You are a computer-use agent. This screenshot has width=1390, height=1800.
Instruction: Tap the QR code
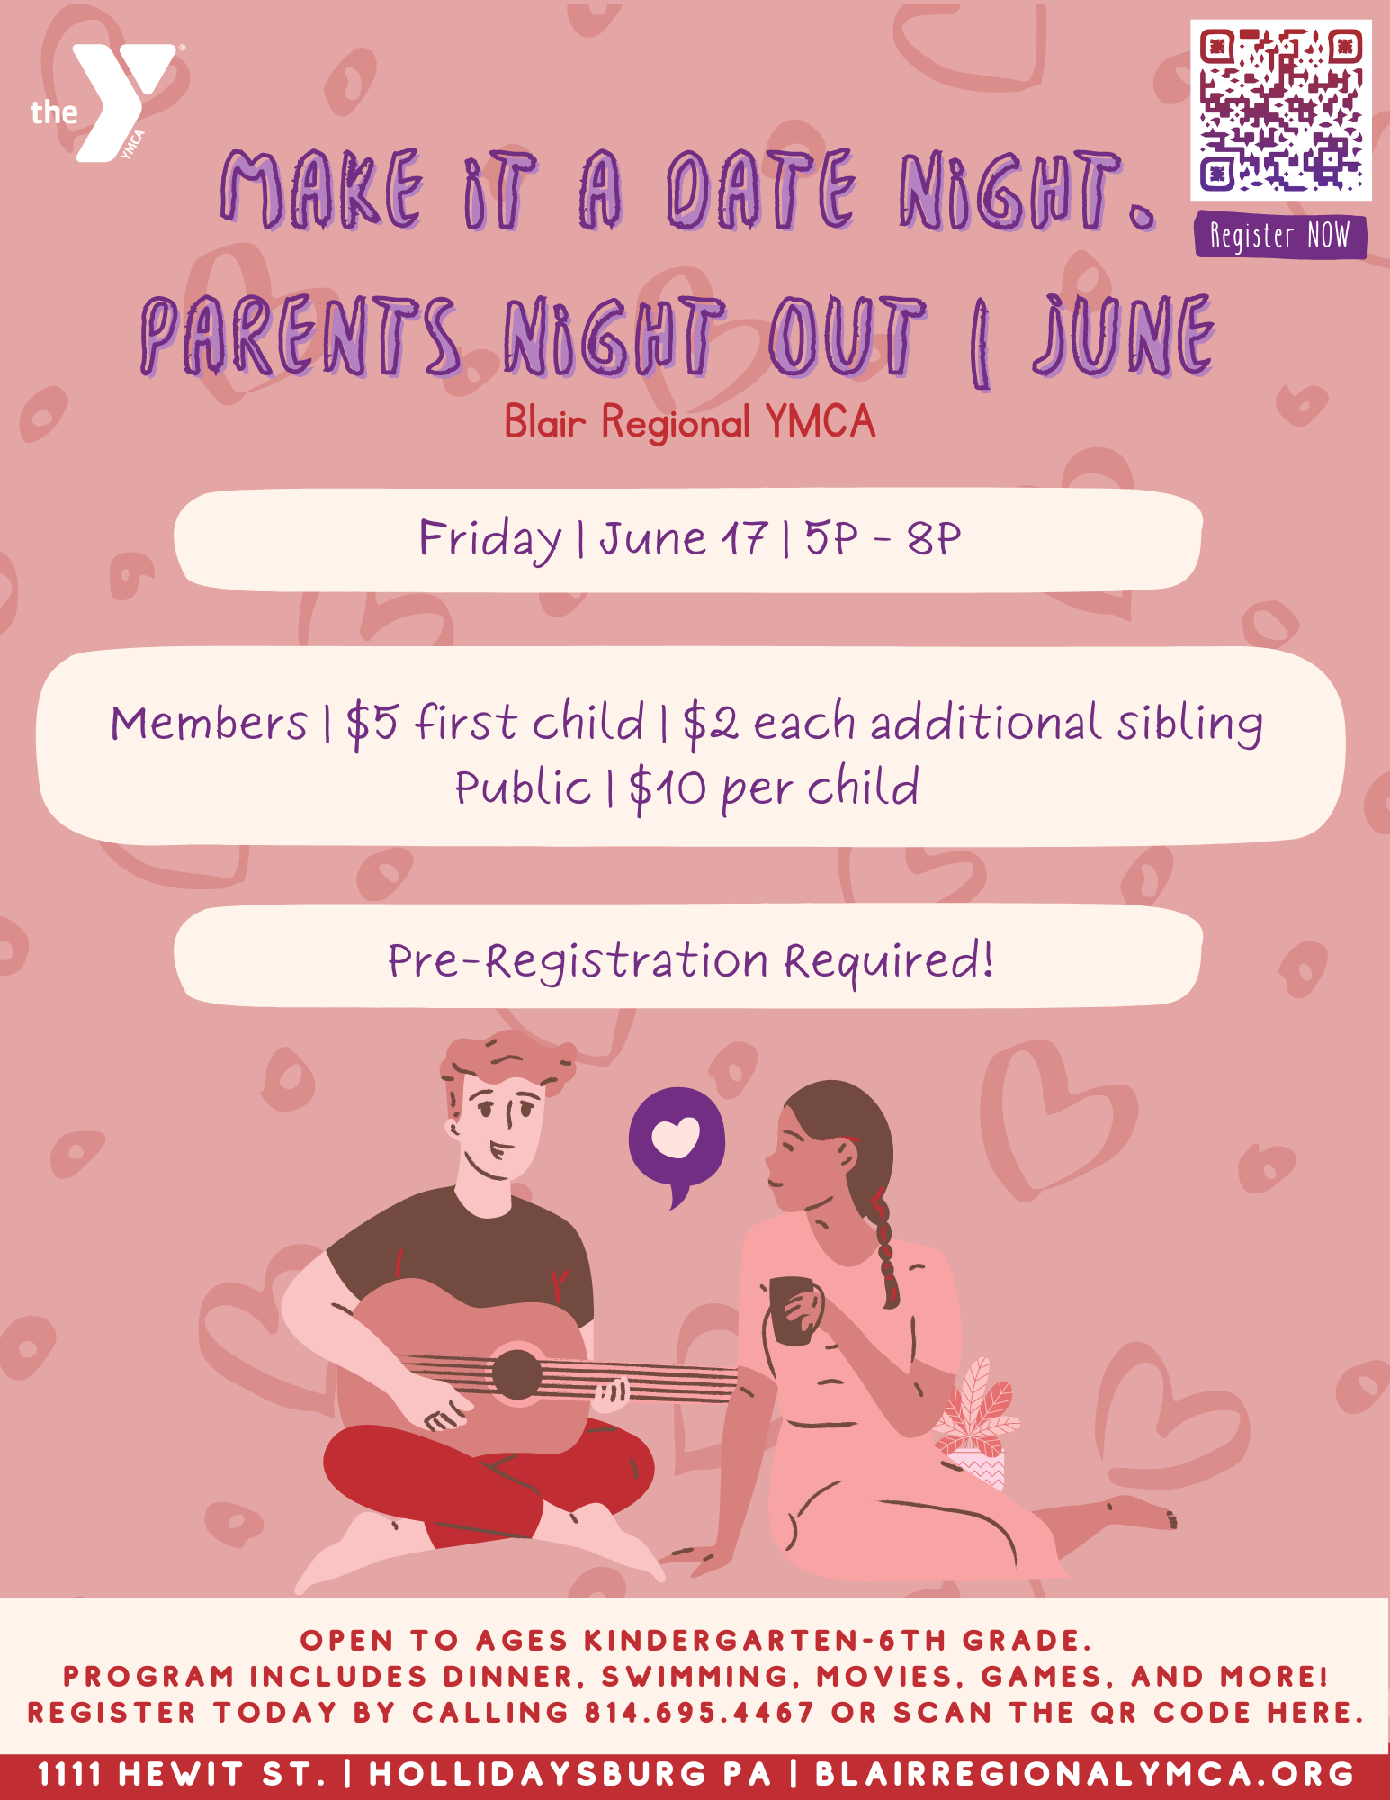coord(1280,110)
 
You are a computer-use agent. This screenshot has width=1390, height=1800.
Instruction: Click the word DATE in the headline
coord(761,188)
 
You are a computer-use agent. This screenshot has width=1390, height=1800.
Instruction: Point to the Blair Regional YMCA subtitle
coord(689,421)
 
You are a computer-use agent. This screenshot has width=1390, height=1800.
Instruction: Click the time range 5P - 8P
coord(883,538)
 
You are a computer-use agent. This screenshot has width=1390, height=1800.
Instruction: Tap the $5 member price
coord(372,723)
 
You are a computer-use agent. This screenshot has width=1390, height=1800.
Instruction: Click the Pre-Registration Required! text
coord(691,960)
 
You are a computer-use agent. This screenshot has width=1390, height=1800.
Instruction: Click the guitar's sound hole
coord(516,1374)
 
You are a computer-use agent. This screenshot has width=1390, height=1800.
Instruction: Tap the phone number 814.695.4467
coord(699,1712)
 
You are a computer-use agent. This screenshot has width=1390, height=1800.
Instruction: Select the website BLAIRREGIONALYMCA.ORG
coord(1084,1774)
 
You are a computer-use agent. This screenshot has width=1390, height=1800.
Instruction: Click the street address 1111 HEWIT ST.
coord(181,1774)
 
